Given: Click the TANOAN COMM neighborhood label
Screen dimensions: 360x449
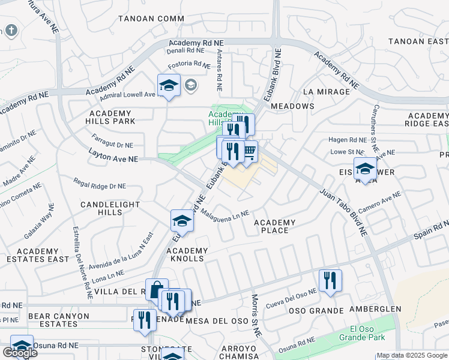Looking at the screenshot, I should [151, 19].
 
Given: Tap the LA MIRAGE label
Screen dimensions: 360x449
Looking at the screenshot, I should [326, 92].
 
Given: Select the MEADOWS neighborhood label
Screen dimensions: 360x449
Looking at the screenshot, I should [292, 106].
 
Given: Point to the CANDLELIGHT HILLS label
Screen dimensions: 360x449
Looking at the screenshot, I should [110, 208].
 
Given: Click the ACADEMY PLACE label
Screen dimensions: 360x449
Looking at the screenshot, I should [275, 227].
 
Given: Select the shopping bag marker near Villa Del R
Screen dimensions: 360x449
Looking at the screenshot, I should [156, 290].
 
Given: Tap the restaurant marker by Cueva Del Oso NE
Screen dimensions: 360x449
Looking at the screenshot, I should [330, 280].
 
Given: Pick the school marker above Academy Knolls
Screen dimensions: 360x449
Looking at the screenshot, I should [182, 221].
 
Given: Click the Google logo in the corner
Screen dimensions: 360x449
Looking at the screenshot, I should [20, 353].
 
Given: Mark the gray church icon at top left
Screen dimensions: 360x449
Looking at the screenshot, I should [10, 30].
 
